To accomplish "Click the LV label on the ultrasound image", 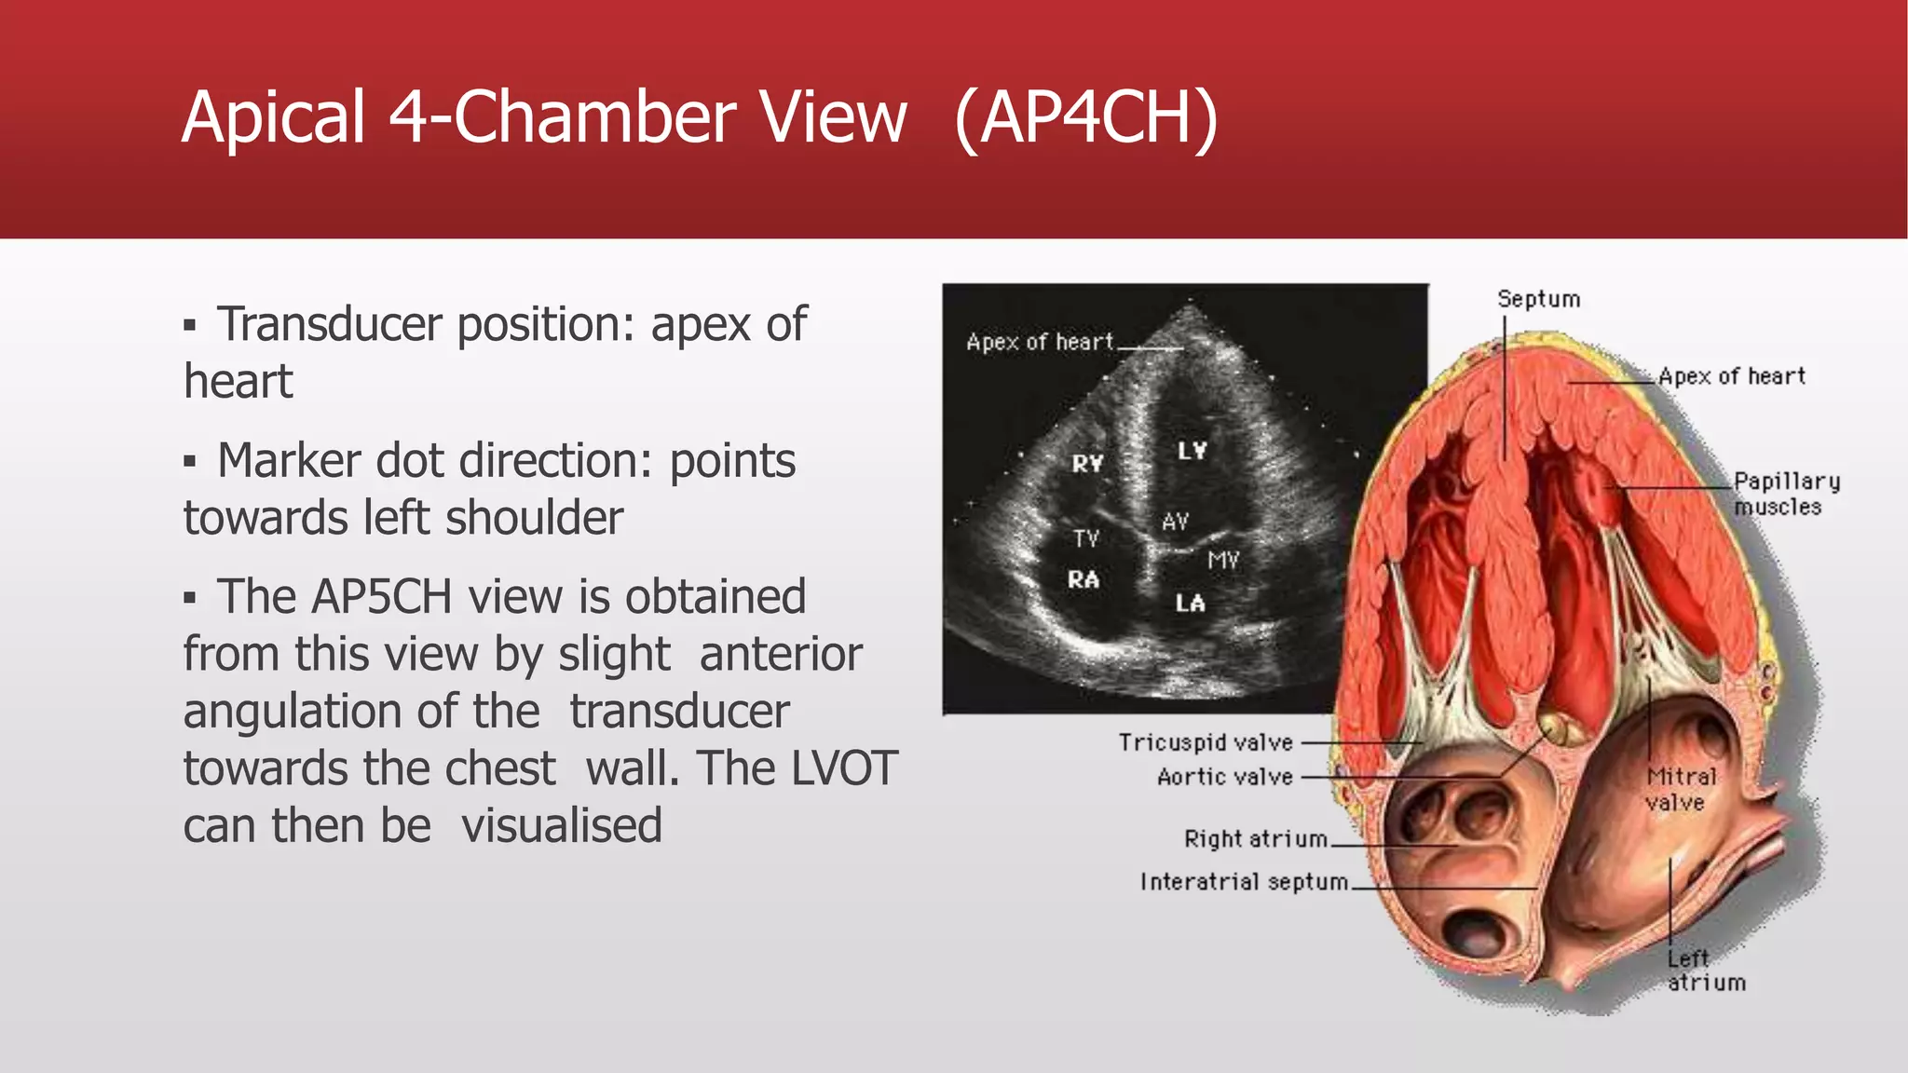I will tap(1192, 451).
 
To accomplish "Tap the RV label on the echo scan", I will tap(1087, 463).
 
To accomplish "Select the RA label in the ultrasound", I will tap(1083, 579).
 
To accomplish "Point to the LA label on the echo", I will tap(1190, 604).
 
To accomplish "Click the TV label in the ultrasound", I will tap(1086, 538).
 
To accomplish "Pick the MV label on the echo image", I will tap(1223, 560).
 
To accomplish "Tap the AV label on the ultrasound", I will tap(1175, 522).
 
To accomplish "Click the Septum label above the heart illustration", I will tap(1538, 299).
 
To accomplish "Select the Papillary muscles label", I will tap(1786, 494).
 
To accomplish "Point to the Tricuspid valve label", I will tap(1206, 742).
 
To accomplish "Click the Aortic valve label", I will tap(1224, 777).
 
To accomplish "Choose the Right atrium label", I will tap(1255, 839).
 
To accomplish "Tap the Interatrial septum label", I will tap(1244, 881).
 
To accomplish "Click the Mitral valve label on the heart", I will tap(1680, 789).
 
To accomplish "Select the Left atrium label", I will tap(1705, 971).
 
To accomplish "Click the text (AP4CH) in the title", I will tap(1086, 117).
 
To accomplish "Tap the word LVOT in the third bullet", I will tap(843, 768).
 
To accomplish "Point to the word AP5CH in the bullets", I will tap(381, 597).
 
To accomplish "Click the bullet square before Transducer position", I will tap(190, 326).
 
